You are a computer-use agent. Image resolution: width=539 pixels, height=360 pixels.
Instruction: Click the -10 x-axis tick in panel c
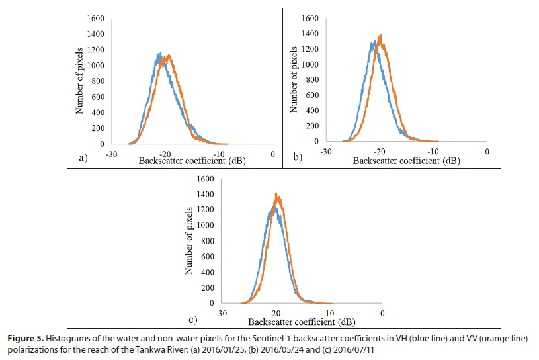pos(328,314)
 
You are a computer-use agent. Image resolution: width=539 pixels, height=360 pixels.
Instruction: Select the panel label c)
pos(193,320)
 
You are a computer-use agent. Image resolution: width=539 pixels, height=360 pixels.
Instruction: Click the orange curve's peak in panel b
pos(380,35)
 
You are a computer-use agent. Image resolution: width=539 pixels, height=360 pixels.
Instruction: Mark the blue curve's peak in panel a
pos(159,53)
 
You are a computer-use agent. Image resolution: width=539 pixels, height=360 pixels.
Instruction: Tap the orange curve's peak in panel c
pos(276,194)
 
